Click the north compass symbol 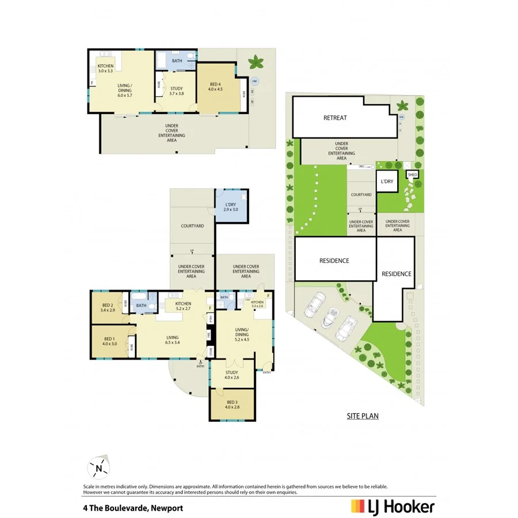98,469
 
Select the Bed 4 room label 215,87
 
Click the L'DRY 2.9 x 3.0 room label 230,207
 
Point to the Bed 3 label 231,405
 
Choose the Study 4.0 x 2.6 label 231,374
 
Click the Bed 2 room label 108,307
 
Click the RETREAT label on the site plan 334,118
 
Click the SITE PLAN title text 362,416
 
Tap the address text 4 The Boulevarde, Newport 133,508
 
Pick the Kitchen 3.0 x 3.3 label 105,69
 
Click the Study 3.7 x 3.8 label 176,91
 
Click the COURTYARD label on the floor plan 192,226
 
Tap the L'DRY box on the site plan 386,182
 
